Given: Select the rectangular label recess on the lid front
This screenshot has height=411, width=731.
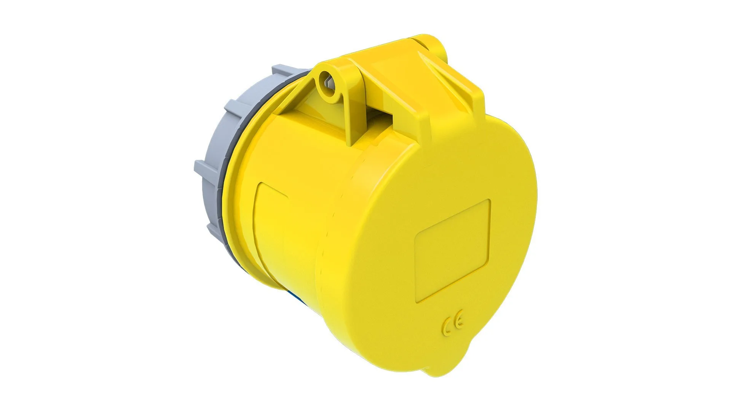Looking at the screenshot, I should click(452, 251).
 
